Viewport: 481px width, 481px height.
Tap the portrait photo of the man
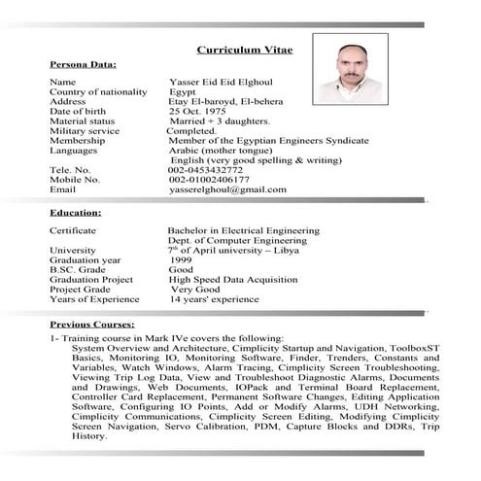tap(356, 73)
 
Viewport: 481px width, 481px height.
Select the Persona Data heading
tap(83, 64)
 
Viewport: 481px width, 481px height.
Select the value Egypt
tap(183, 92)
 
